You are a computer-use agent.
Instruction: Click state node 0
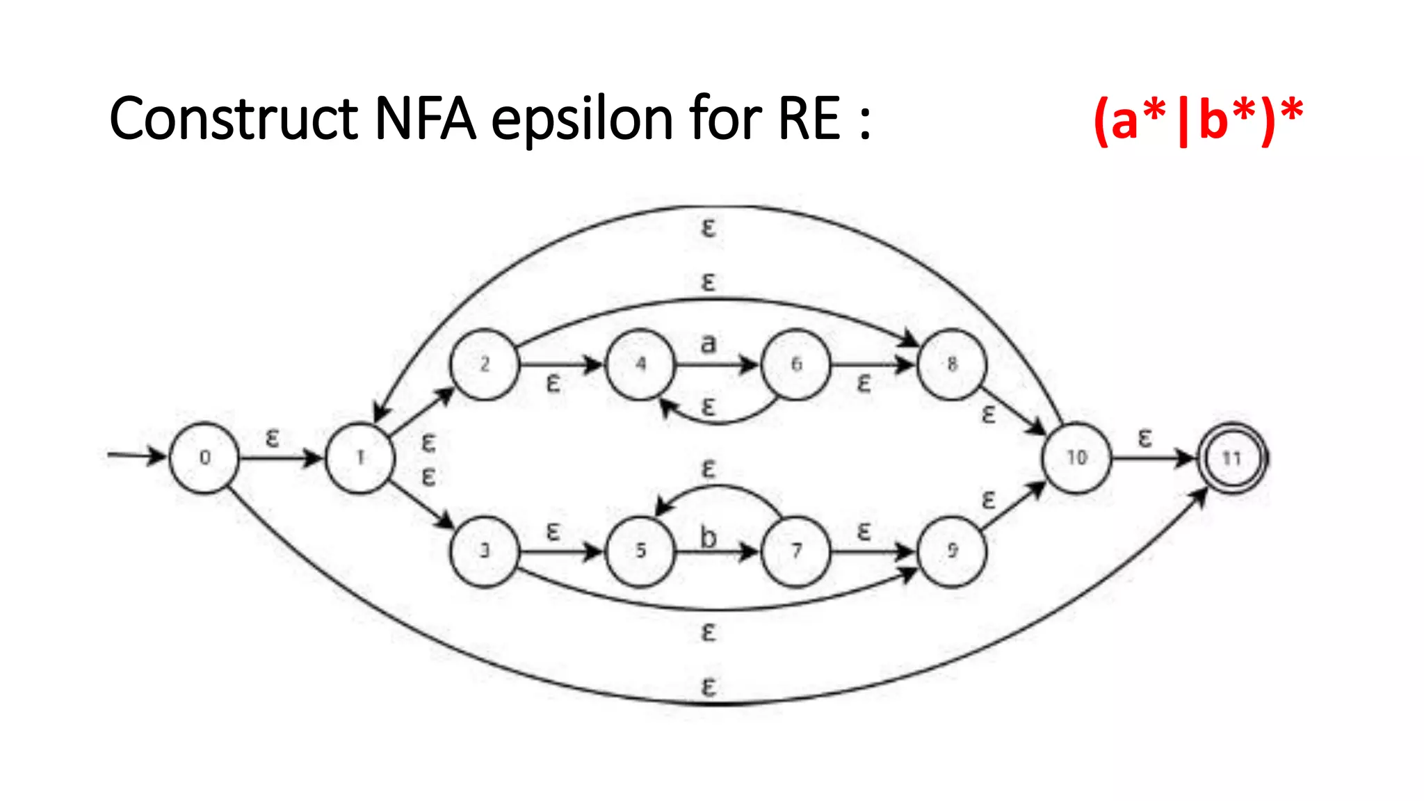tap(204, 458)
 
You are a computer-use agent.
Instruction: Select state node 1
tap(360, 458)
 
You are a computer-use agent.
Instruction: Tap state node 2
tap(485, 364)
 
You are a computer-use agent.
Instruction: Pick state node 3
tap(485, 551)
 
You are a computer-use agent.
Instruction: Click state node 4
tap(640, 364)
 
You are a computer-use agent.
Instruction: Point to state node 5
tap(640, 551)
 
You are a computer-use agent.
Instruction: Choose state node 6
tap(796, 364)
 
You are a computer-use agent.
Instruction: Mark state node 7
tap(796, 551)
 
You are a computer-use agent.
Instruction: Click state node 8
tap(952, 364)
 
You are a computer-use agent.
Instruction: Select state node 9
tap(952, 551)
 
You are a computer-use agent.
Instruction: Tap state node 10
tap(1076, 458)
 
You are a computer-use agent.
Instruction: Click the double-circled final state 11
tap(1232, 458)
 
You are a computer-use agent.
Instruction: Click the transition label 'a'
tap(708, 343)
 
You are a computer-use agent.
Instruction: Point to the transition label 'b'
tap(708, 537)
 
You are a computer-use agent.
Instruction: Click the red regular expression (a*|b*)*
tap(1197, 119)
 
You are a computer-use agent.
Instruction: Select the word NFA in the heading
tap(425, 119)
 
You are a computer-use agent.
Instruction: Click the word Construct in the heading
tap(234, 119)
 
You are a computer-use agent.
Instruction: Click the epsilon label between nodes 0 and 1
tap(273, 438)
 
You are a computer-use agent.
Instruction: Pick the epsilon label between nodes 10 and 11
tap(1144, 438)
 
